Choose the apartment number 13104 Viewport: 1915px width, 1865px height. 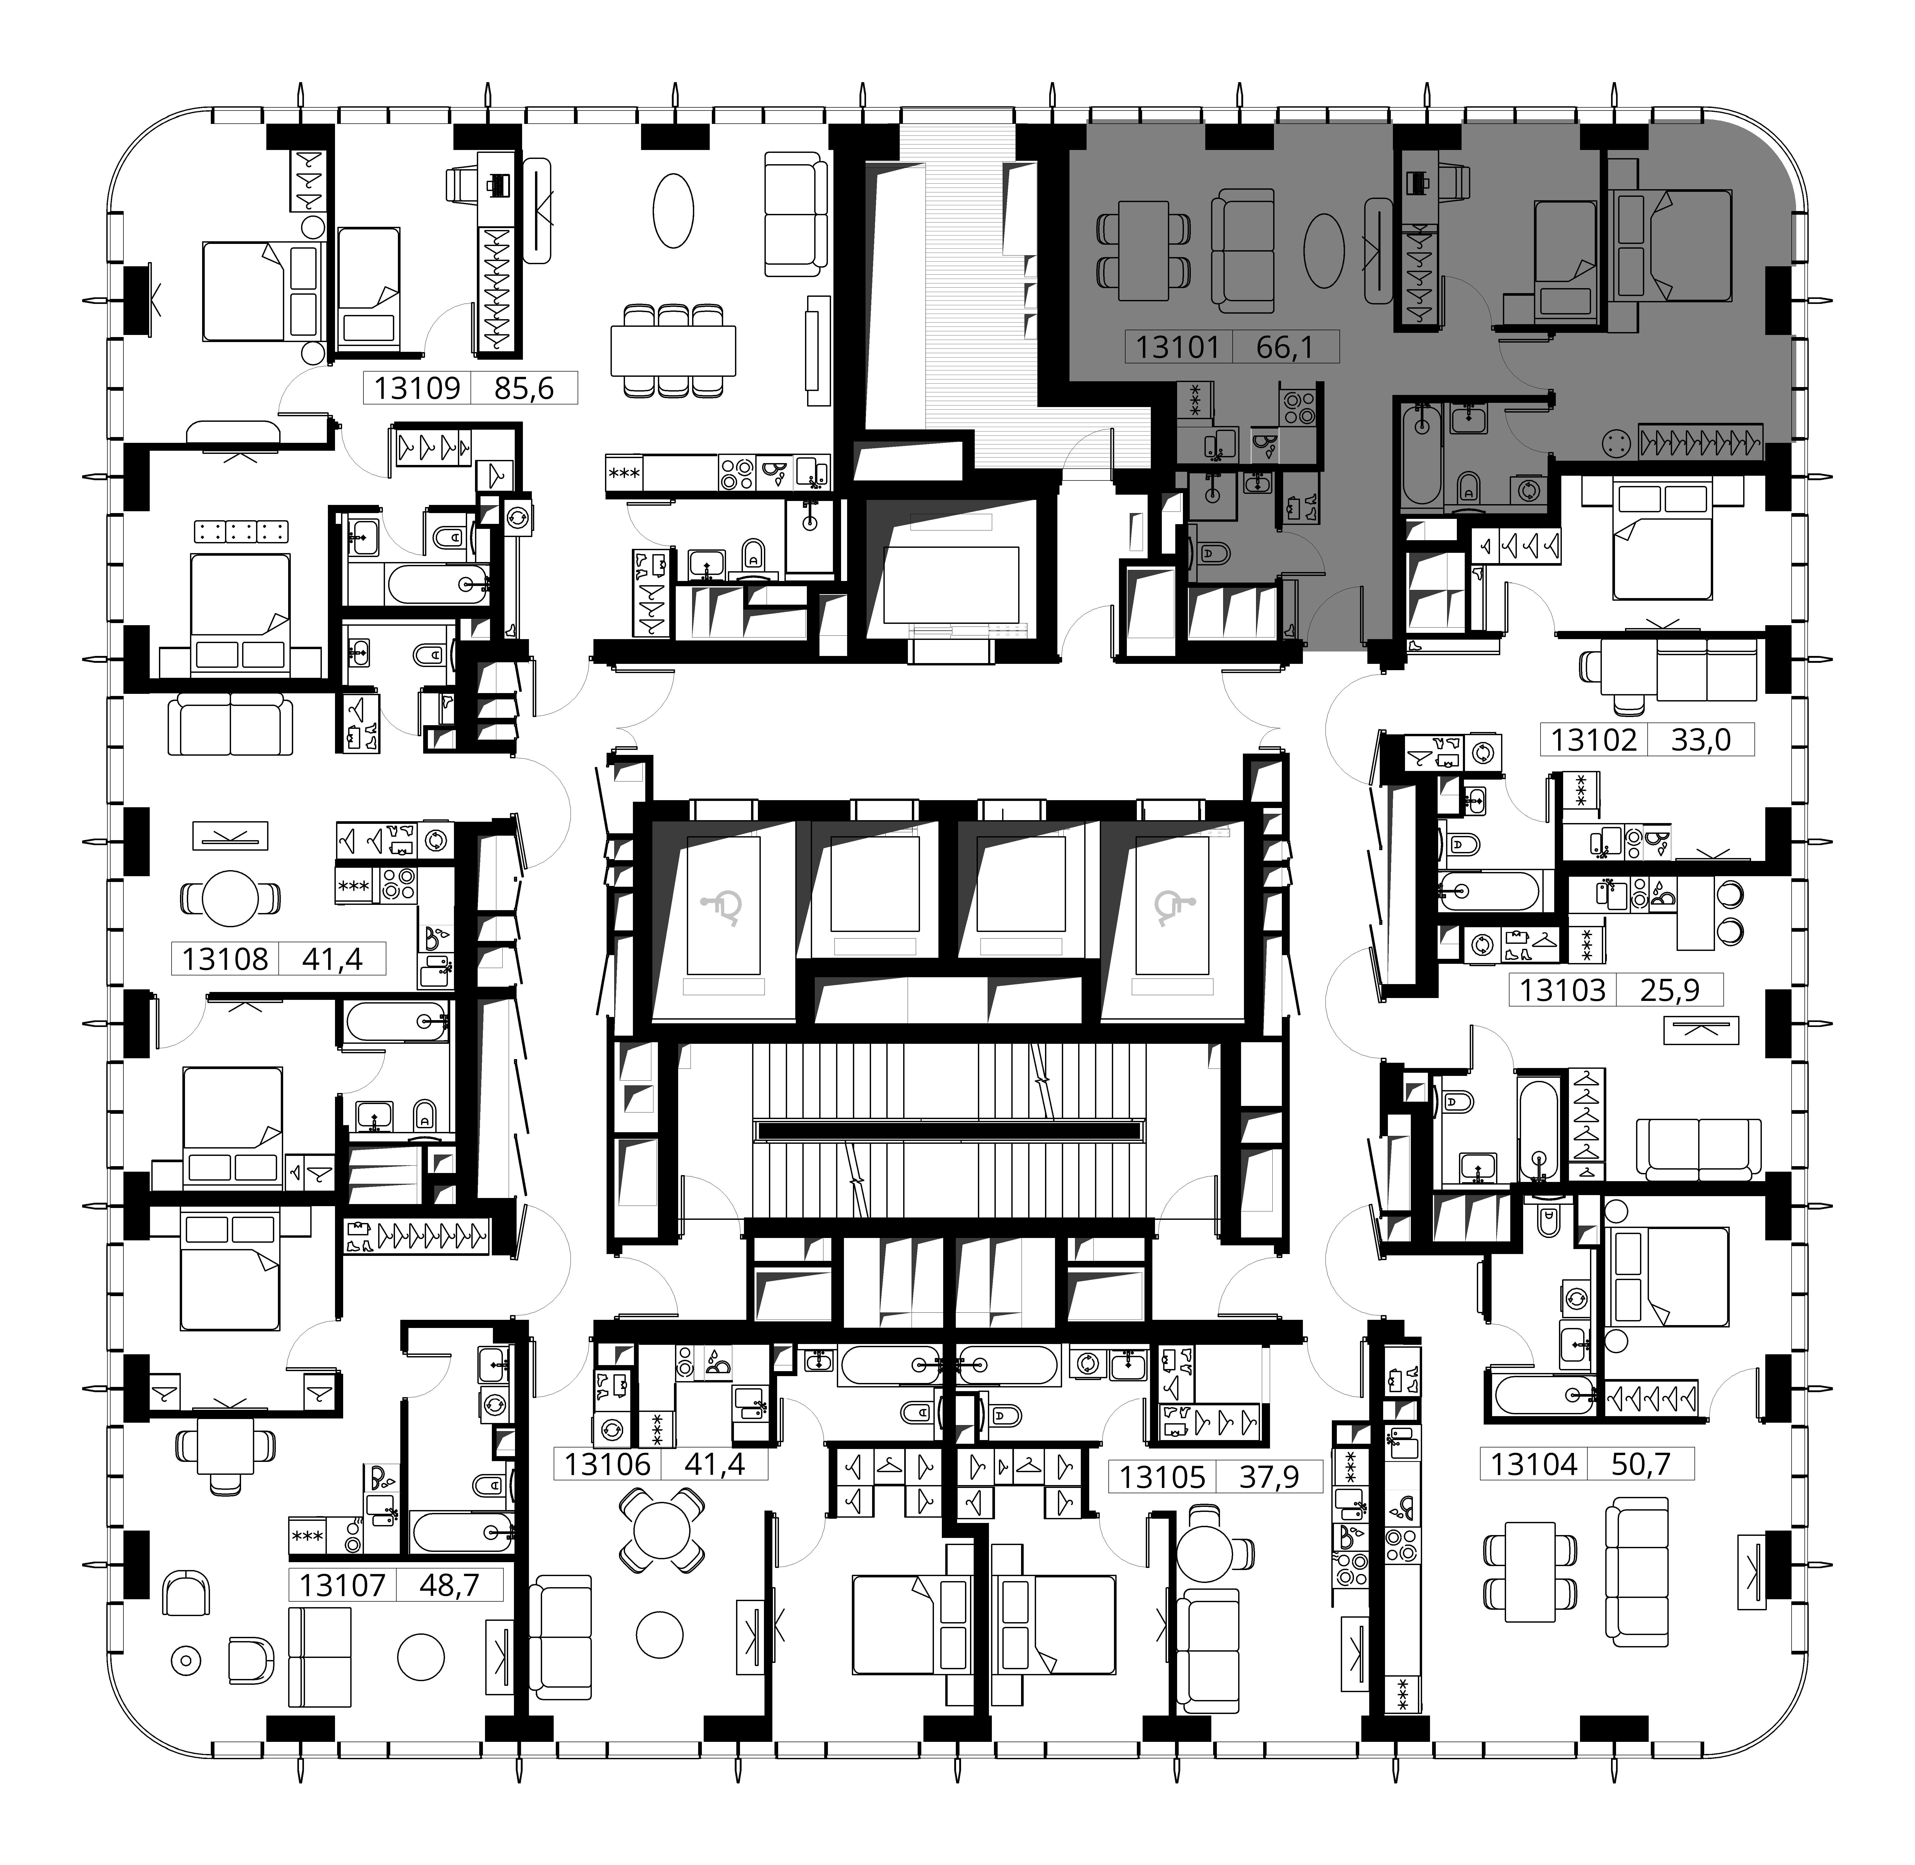1534,1464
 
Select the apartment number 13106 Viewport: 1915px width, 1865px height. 607,1464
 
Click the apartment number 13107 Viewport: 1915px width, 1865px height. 342,1585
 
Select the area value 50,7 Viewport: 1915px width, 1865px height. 1641,1464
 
